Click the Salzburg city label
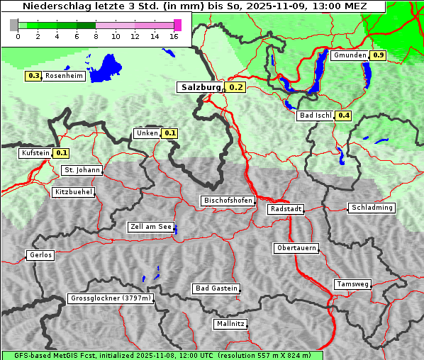tap(201, 88)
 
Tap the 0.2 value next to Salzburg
tap(236, 88)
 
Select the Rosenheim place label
tap(64, 76)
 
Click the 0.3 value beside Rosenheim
tap(33, 76)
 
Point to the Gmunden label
tap(350, 55)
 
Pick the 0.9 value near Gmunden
tap(379, 55)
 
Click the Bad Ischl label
tap(315, 116)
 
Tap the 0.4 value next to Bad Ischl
tap(344, 116)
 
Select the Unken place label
tap(147, 133)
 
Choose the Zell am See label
tap(151, 227)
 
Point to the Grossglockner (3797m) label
tap(111, 299)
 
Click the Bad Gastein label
tap(216, 288)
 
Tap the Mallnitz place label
tap(230, 324)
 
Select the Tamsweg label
tap(352, 284)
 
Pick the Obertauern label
tap(296, 248)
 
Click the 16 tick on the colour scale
tap(174, 36)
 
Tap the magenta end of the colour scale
tap(177, 25)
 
